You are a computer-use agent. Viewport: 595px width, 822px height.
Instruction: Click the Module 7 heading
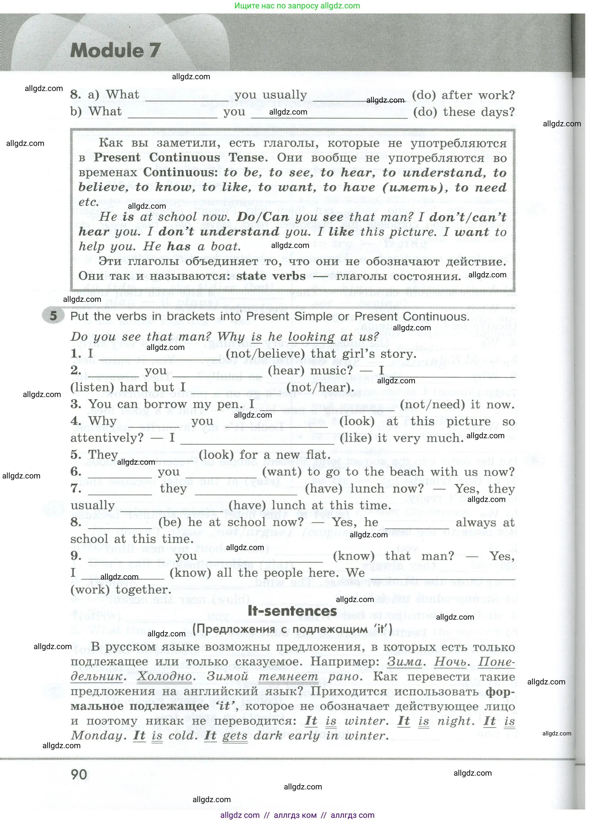(115, 50)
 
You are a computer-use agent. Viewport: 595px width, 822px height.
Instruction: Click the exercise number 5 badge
(53, 316)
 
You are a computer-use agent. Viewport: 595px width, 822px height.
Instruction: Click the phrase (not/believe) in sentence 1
(265, 354)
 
